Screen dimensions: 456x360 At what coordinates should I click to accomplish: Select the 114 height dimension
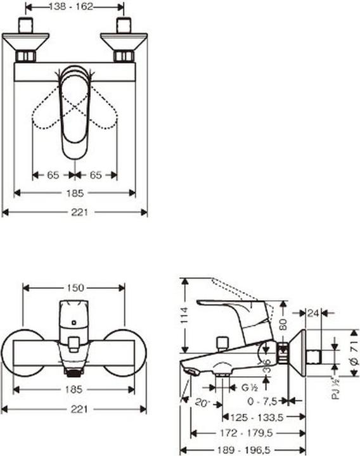(185, 315)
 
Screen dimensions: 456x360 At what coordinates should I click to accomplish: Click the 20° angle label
(203, 402)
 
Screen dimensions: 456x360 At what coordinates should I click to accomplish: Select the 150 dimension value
(75, 288)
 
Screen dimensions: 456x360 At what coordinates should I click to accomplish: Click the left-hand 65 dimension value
(53, 174)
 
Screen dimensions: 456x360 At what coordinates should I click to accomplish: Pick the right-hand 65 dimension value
(96, 174)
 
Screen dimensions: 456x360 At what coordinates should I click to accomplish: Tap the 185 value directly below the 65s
(75, 193)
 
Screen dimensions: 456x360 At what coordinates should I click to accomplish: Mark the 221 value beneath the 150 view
(75, 409)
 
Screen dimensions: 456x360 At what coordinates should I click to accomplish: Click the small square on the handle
(75, 322)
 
